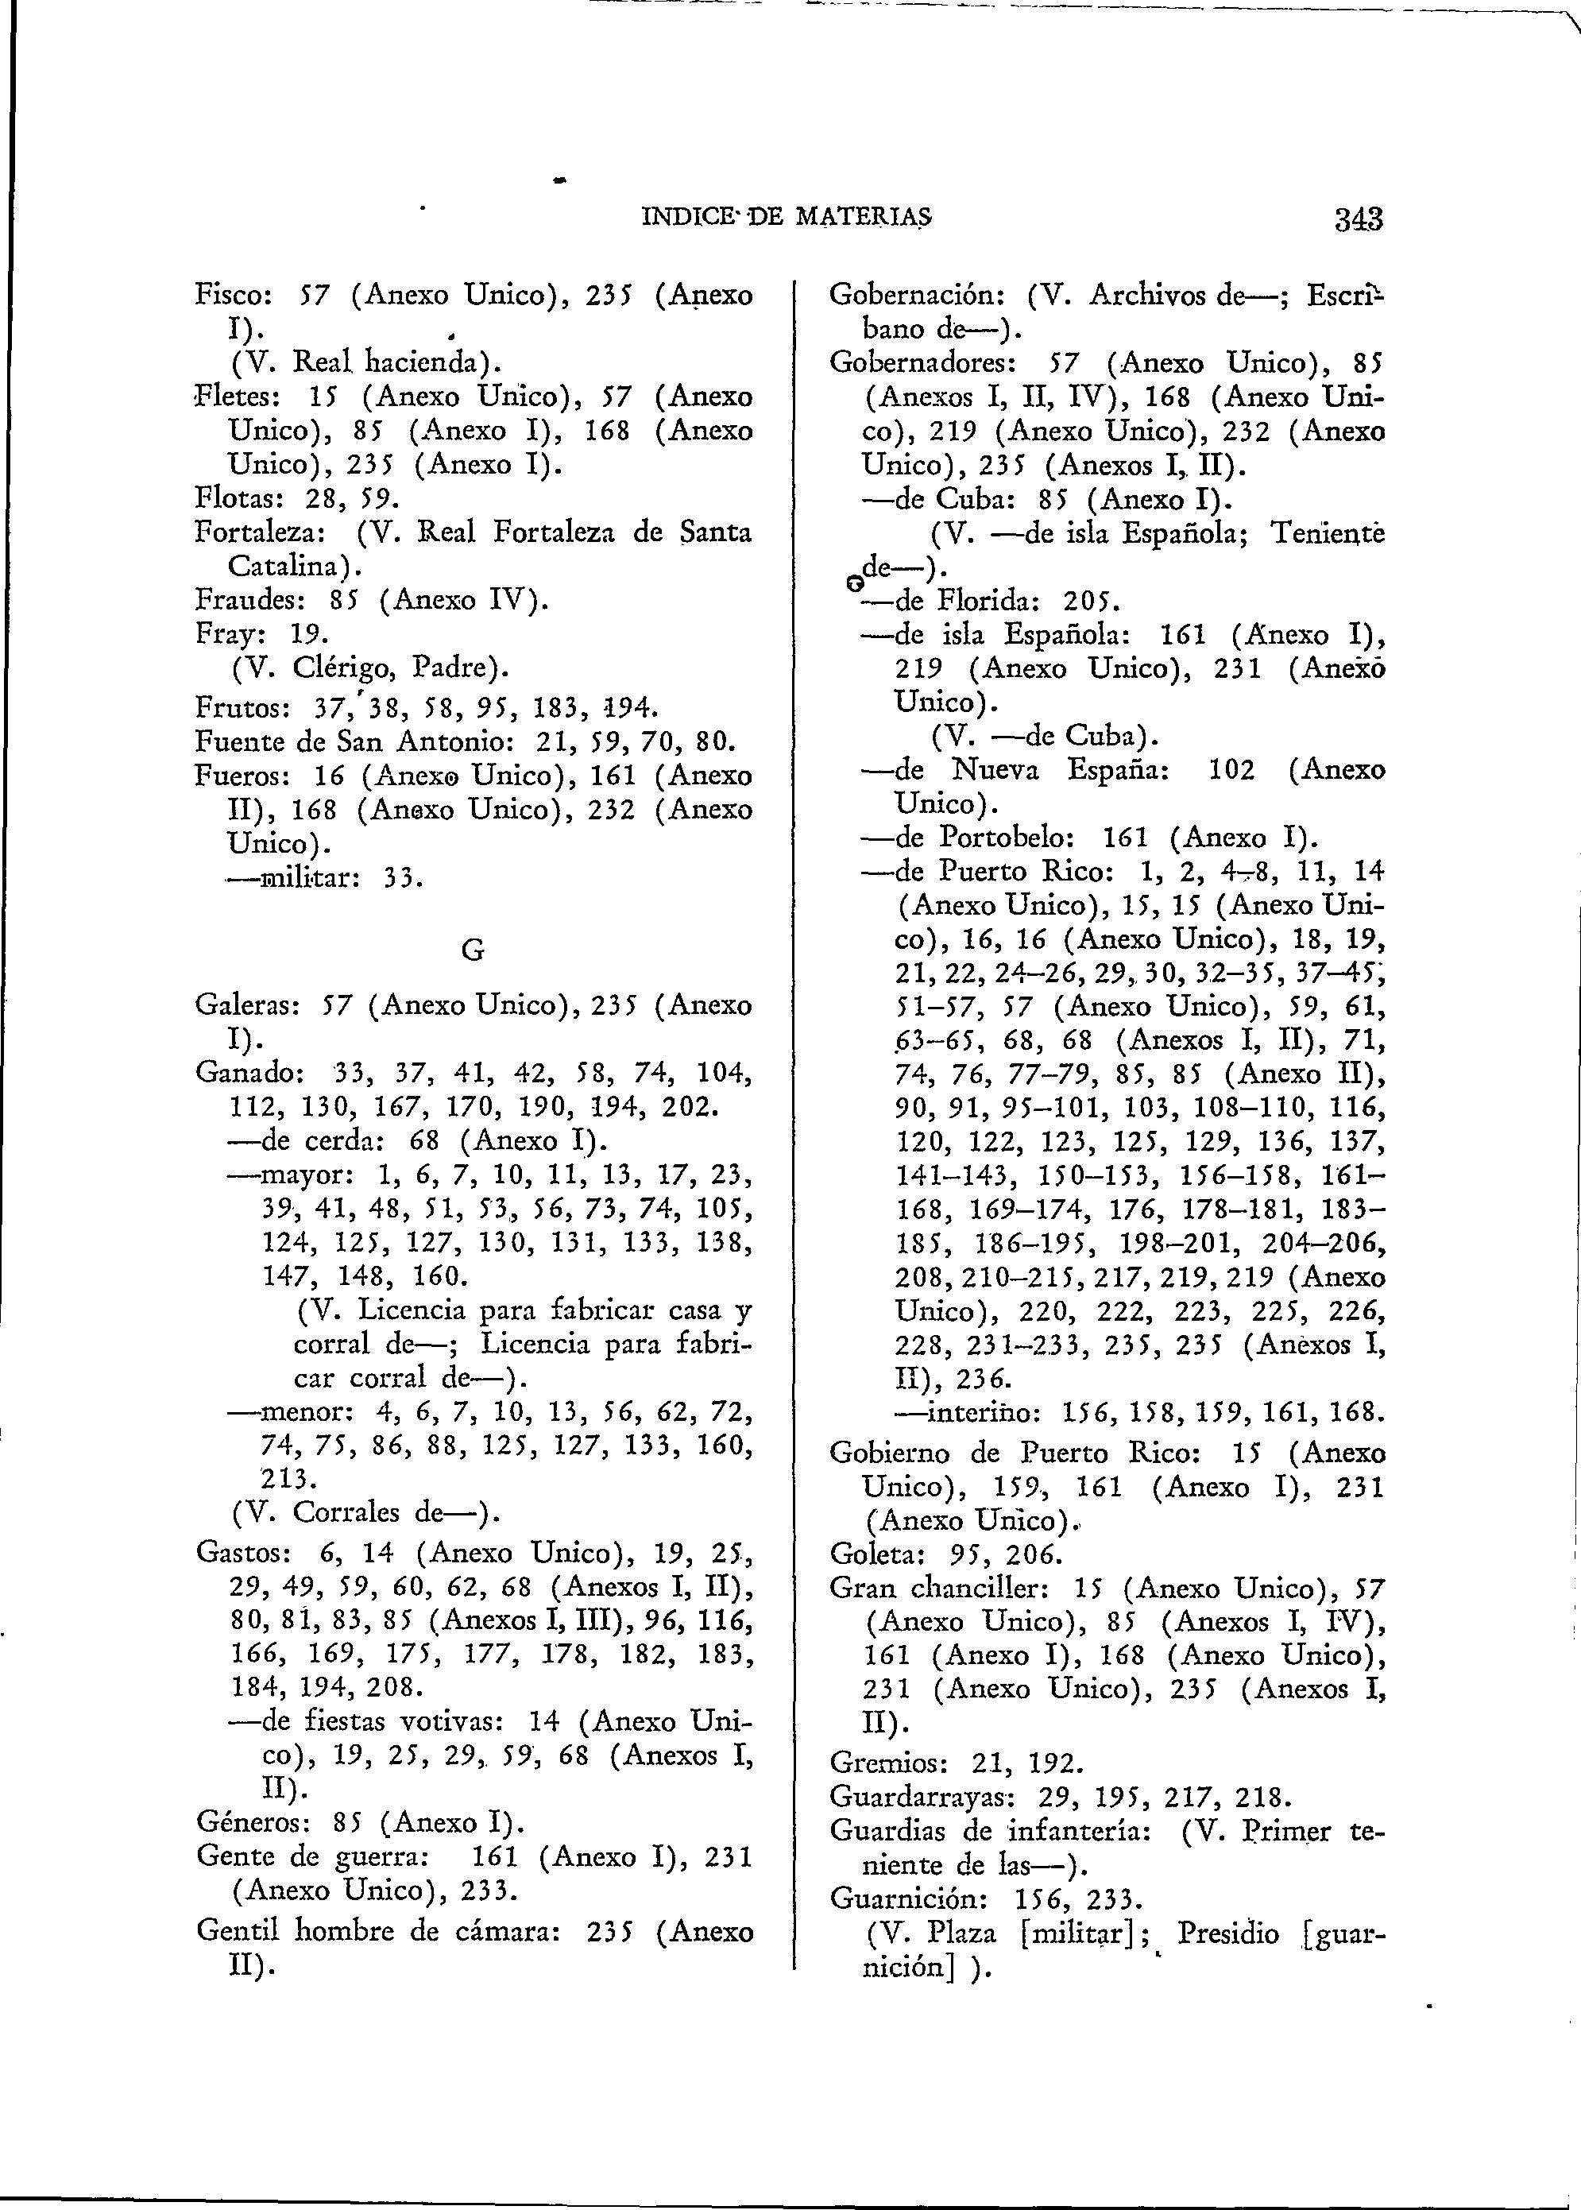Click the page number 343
pos(1358,218)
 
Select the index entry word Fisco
pos(230,294)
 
